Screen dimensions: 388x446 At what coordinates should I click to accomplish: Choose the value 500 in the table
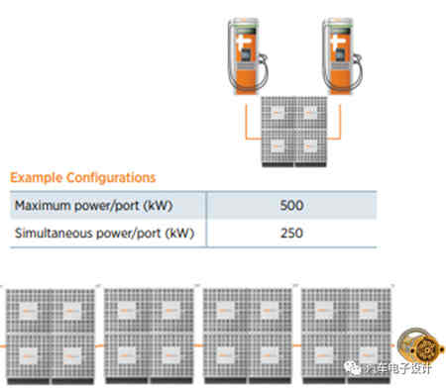pyautogui.click(x=292, y=207)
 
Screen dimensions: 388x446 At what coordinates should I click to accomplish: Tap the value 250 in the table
pyautogui.click(x=292, y=236)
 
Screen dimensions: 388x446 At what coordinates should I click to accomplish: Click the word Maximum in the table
pyautogui.click(x=45, y=207)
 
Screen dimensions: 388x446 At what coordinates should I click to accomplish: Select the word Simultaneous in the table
pyautogui.click(x=55, y=236)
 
